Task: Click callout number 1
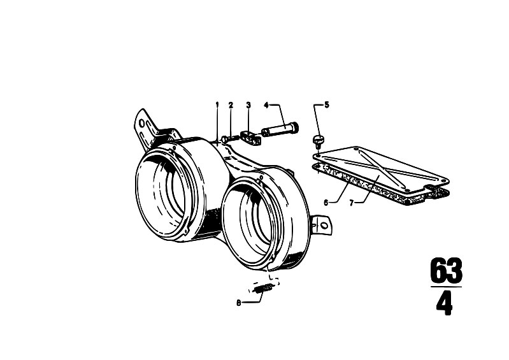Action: click(x=217, y=104)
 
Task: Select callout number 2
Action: click(x=231, y=105)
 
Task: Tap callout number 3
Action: click(x=248, y=105)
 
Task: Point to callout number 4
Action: click(x=266, y=105)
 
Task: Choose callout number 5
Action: click(x=327, y=104)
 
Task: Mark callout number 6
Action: click(x=326, y=203)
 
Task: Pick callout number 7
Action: click(x=351, y=203)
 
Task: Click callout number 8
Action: click(x=239, y=303)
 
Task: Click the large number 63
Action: click(x=446, y=270)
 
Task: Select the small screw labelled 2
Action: click(x=229, y=139)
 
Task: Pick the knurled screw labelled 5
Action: click(x=318, y=141)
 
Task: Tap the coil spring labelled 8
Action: click(x=263, y=287)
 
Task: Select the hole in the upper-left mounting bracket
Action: click(x=141, y=123)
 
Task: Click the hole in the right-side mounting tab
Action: click(x=323, y=226)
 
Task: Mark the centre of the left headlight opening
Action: click(x=163, y=194)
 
